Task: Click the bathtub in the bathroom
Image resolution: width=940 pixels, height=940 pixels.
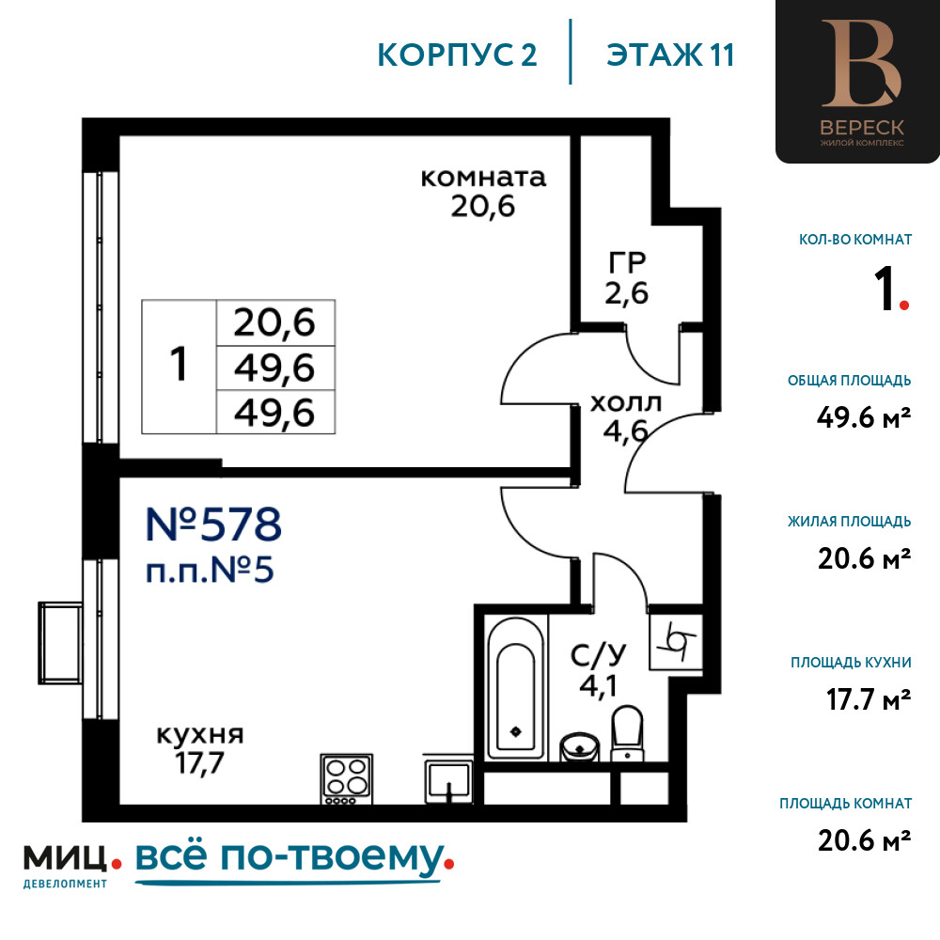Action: [x=516, y=688]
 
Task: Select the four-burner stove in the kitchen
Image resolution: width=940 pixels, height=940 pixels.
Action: [x=347, y=778]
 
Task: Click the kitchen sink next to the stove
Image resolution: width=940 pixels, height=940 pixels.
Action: [x=447, y=779]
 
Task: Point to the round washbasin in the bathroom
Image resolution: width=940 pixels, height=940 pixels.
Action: [x=579, y=747]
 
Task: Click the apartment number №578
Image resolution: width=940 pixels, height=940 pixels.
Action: [x=213, y=524]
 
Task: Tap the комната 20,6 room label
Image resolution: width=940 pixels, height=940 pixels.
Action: [x=483, y=192]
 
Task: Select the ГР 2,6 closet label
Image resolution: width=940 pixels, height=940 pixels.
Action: [x=627, y=277]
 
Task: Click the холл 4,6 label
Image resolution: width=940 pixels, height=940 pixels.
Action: [x=626, y=417]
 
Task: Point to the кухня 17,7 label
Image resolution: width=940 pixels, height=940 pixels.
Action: [x=200, y=749]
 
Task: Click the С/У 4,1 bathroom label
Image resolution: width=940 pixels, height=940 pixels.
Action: [x=598, y=671]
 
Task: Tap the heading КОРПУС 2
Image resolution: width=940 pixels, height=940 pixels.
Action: [x=457, y=55]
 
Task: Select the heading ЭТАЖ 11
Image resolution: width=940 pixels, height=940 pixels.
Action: [x=670, y=55]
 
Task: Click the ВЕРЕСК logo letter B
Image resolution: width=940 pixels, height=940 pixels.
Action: [x=861, y=63]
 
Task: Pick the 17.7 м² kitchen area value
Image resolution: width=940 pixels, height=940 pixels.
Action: [x=869, y=699]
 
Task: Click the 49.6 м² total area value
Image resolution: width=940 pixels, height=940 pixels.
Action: [x=864, y=417]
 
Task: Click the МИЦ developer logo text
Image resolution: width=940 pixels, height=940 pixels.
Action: [x=66, y=857]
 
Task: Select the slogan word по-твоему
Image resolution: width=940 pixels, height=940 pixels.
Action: [x=333, y=857]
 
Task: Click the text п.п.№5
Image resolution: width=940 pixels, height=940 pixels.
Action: [x=210, y=570]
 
